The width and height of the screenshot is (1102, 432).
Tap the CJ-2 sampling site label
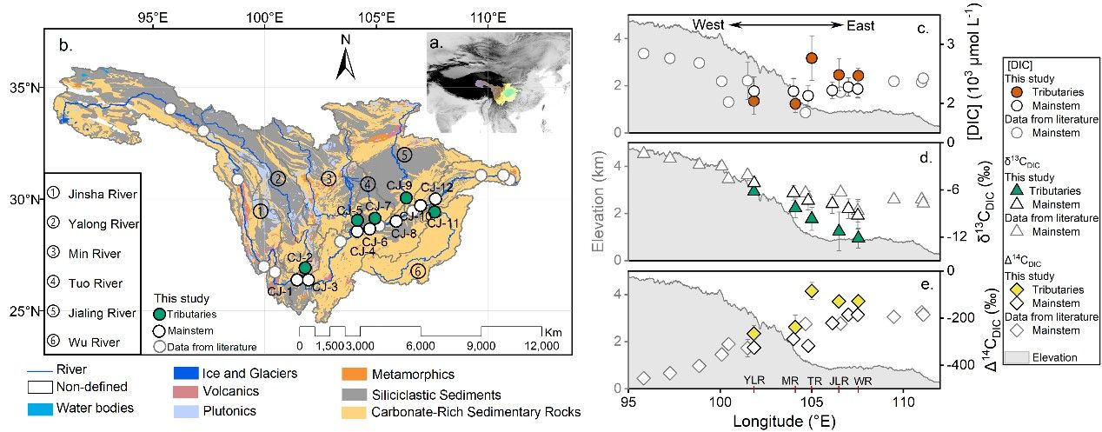(x=299, y=257)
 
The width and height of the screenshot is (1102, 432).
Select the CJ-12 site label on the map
(x=437, y=187)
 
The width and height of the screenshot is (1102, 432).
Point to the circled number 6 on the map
(x=419, y=271)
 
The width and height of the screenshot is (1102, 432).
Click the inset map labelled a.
(x=497, y=83)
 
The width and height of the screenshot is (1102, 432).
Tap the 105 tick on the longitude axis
(x=812, y=402)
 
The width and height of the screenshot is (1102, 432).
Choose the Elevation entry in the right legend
(x=1055, y=356)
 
